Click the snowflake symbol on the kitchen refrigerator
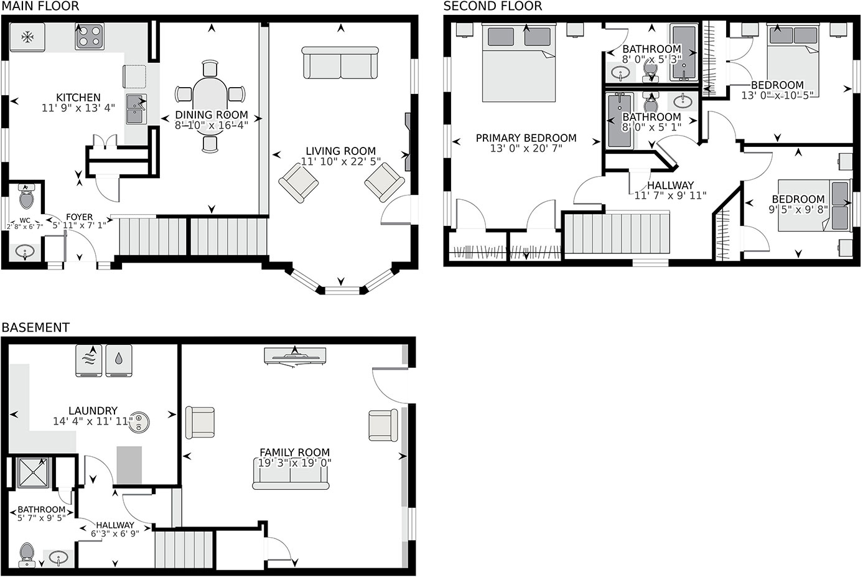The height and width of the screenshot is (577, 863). coord(27,37)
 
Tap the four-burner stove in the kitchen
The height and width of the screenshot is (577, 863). coord(90,37)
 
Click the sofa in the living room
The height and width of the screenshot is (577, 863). coord(340,63)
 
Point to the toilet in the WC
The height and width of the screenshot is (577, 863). coord(26,197)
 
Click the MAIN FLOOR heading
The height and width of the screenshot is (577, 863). coord(40,6)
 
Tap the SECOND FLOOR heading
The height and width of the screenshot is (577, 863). coord(493,6)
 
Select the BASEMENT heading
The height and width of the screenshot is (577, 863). coord(35,327)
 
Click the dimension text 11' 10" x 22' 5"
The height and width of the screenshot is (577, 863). coord(340,161)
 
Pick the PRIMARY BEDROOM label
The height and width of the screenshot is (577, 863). coord(526,138)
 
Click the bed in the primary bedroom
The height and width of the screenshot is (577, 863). coord(518,62)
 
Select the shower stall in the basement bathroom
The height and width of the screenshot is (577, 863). coord(34,472)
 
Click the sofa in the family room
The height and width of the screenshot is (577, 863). coord(291,474)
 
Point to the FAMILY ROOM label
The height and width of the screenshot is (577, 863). coord(295,452)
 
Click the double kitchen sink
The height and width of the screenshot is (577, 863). coord(136,109)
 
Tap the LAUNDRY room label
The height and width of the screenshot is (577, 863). coord(93,410)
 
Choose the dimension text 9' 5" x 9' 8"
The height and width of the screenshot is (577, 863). coord(798,210)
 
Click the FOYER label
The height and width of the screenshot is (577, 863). coord(80,217)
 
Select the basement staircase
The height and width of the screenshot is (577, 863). coord(184,549)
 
